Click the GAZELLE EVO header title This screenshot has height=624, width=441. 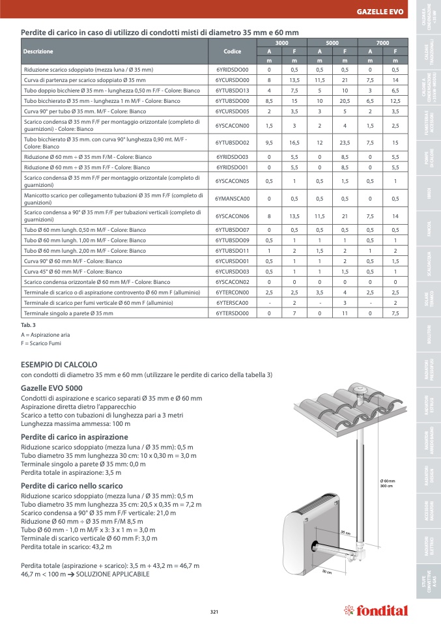380,12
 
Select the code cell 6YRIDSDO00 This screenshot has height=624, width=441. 232,69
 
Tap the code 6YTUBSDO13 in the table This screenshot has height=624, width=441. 232,91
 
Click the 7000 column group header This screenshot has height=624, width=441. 382,42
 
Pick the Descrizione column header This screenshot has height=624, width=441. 38,51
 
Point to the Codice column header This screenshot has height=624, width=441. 232,51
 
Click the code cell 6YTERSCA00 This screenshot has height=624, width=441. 232,303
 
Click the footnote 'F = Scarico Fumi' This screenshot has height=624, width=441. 40,342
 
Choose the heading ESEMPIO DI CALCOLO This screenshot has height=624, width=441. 59,365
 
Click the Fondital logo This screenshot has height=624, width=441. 376,610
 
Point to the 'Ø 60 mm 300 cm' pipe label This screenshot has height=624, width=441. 387,483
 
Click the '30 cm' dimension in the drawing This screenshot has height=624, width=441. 328,572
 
